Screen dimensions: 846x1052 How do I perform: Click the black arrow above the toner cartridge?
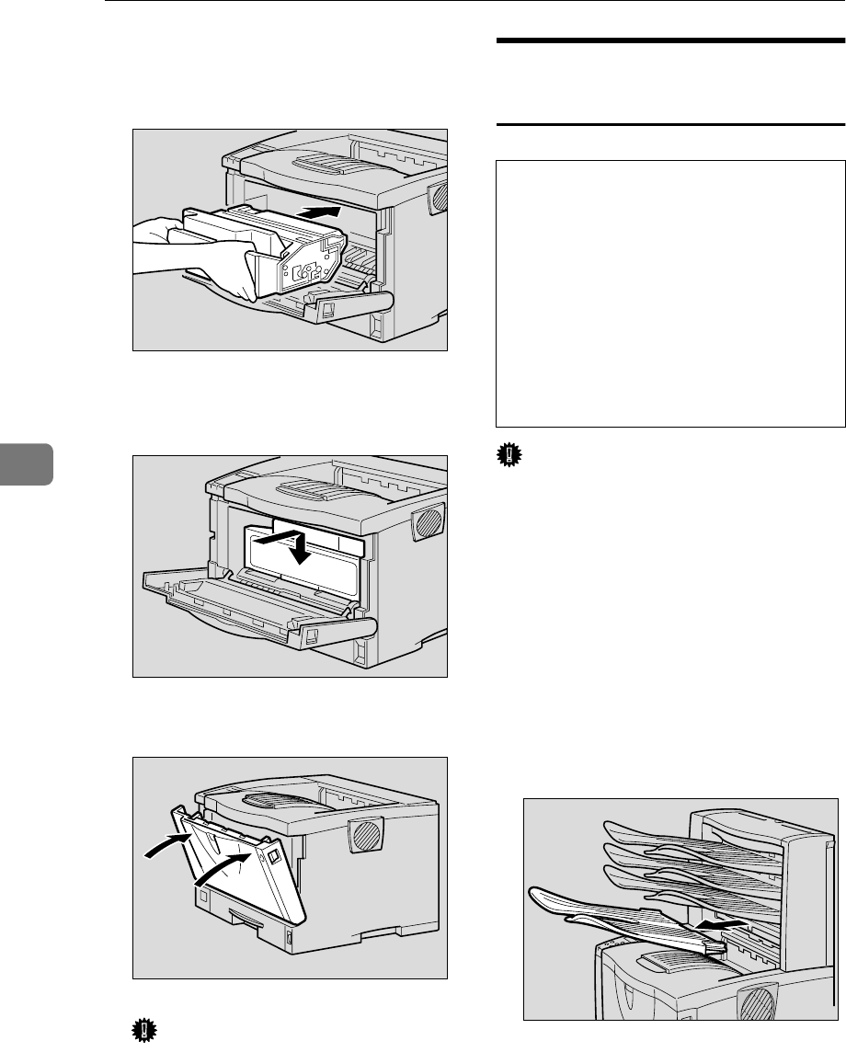click(322, 213)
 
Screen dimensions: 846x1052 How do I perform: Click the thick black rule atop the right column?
click(670, 42)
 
